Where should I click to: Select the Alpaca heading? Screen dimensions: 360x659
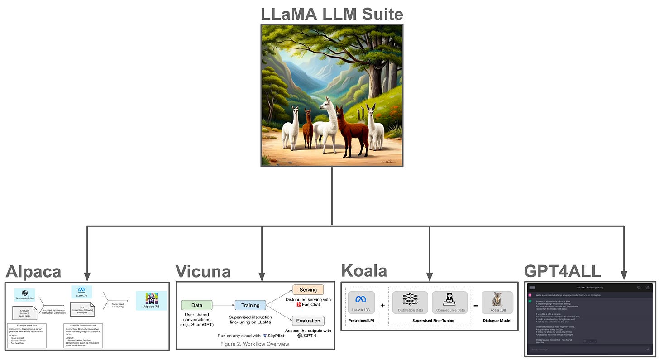(x=33, y=272)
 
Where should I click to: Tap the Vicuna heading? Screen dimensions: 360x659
(x=203, y=272)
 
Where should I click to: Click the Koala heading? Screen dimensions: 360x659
(x=364, y=271)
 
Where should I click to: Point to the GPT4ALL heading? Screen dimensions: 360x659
(x=563, y=271)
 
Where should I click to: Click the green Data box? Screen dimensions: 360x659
(x=197, y=305)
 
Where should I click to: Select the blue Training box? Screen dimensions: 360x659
(x=250, y=305)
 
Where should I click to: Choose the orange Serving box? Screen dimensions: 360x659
(x=308, y=289)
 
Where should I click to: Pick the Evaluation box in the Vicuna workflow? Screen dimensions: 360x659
(x=308, y=321)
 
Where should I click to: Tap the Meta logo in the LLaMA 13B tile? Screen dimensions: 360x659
(x=361, y=299)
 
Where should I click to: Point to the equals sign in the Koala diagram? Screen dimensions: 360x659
(x=475, y=305)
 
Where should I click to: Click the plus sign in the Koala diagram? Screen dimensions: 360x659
(x=382, y=305)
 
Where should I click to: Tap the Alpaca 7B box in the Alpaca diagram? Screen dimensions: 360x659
(x=151, y=301)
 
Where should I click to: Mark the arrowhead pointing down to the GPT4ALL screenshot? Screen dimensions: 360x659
(x=624, y=275)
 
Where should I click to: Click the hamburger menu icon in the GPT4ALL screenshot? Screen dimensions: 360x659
(x=532, y=288)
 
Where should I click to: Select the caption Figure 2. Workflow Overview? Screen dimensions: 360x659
(x=255, y=344)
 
